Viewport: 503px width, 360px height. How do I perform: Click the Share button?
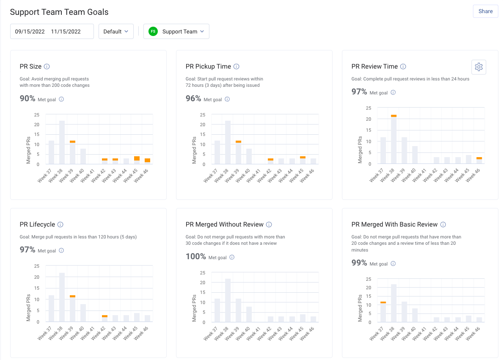coord(485,11)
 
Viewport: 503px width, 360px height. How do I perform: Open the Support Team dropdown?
coord(176,31)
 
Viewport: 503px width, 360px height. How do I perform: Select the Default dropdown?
coord(116,31)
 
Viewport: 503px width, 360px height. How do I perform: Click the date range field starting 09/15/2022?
coord(52,31)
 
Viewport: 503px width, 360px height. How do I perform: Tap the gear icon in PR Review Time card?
coord(478,67)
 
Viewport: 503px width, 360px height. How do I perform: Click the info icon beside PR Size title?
coord(47,66)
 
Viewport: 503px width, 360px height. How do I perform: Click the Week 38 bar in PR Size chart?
coord(62,142)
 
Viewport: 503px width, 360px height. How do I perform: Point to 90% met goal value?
coord(27,99)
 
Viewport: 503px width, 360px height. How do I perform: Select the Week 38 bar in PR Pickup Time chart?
coord(228,142)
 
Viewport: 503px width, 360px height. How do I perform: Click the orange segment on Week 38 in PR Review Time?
coord(393,116)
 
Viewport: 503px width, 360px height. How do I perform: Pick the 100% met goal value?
coord(196,257)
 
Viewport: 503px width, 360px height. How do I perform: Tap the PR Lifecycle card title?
coord(38,224)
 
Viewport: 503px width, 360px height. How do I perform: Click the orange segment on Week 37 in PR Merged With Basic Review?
coord(383,302)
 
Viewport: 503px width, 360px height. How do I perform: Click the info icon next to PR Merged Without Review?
coord(269,224)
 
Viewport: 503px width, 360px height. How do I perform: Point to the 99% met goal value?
coord(359,263)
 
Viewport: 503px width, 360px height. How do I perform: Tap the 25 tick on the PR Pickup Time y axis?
coord(202,115)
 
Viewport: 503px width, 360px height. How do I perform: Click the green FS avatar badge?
coord(153,31)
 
